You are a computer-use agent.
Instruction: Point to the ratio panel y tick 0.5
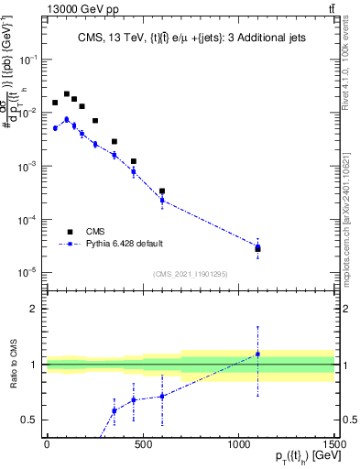[x=32, y=420]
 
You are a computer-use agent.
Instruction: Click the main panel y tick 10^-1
[x=30, y=59]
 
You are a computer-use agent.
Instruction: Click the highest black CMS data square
[x=66, y=93]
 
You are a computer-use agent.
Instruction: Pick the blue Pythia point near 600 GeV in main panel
[x=162, y=200]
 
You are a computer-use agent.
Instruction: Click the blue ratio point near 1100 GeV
[x=258, y=354]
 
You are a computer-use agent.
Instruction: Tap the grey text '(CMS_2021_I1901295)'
[x=190, y=275]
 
